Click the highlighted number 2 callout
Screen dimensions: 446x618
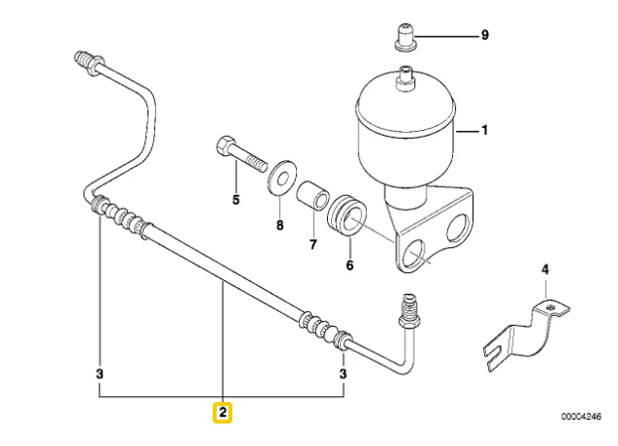[x=223, y=413]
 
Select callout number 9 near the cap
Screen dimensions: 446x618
[x=483, y=35]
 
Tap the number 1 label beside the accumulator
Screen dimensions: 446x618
[x=483, y=130]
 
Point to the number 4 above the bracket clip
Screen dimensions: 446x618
[x=546, y=269]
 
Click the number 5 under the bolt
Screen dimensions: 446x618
[x=234, y=201]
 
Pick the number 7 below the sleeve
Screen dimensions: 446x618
[x=312, y=244]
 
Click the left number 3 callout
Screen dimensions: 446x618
[x=100, y=373]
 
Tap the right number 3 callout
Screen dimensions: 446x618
[x=344, y=373]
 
